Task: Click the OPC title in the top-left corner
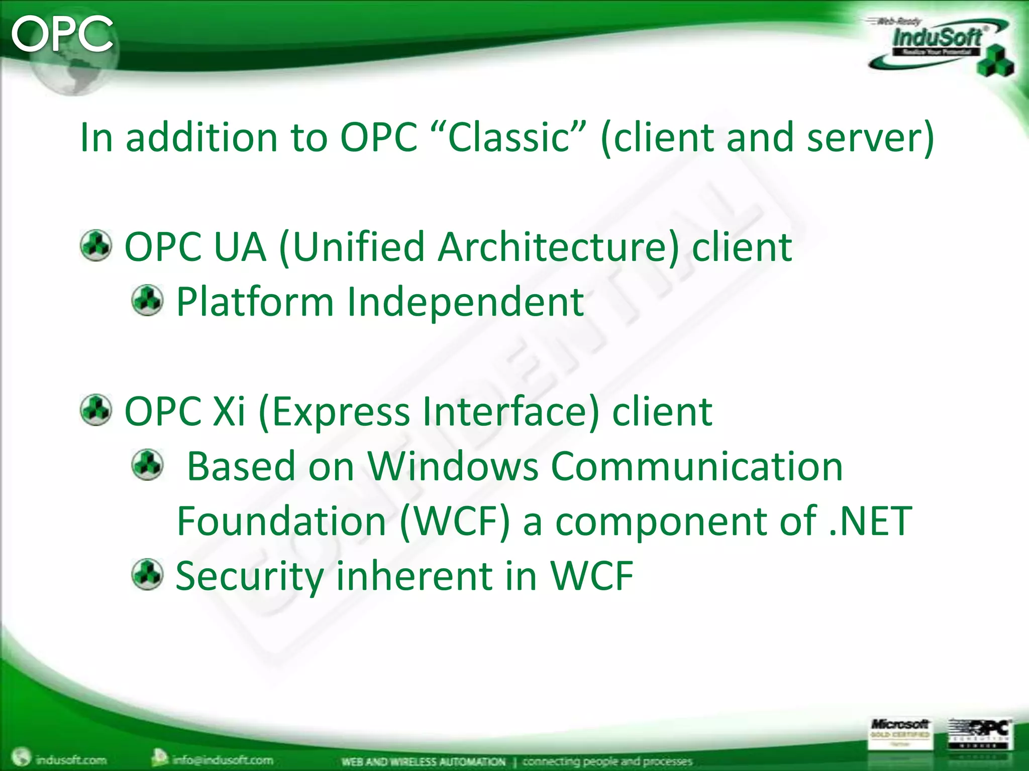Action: [62, 34]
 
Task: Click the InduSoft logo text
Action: [937, 38]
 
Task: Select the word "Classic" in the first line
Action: [508, 137]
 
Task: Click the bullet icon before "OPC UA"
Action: [95, 245]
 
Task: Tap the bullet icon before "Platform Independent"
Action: [147, 300]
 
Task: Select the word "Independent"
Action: [465, 302]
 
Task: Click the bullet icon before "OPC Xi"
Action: [95, 410]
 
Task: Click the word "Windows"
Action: [453, 466]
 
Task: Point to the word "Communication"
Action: [697, 466]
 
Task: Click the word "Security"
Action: [249, 576]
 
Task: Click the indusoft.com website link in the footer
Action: [70, 760]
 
